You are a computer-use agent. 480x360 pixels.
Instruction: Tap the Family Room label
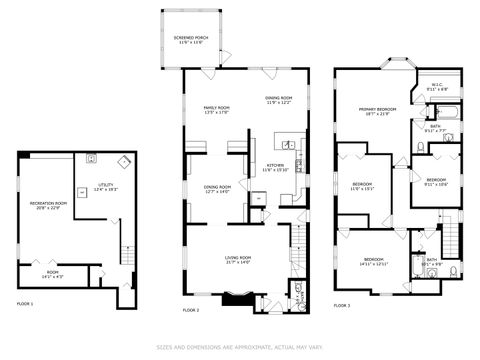pos(217,110)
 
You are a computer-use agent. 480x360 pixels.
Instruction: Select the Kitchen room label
pos(275,167)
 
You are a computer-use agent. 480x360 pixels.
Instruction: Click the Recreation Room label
pos(48,205)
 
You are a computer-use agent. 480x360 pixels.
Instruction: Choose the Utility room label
pos(105,187)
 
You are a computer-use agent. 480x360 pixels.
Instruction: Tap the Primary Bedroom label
pos(373,111)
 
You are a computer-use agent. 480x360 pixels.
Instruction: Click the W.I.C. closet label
pos(437,87)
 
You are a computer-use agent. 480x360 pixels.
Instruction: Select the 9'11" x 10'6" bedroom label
pos(436,181)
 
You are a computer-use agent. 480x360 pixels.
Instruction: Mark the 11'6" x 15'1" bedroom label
pos(362,186)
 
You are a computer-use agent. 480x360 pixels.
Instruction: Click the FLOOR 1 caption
pos(25,303)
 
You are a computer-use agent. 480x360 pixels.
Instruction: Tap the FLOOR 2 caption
pos(191,311)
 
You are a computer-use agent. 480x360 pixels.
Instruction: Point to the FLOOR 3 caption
pos(342,305)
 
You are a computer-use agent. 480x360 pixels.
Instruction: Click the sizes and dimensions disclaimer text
pos(240,348)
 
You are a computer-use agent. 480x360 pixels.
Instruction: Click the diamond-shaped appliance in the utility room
pos(123,161)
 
